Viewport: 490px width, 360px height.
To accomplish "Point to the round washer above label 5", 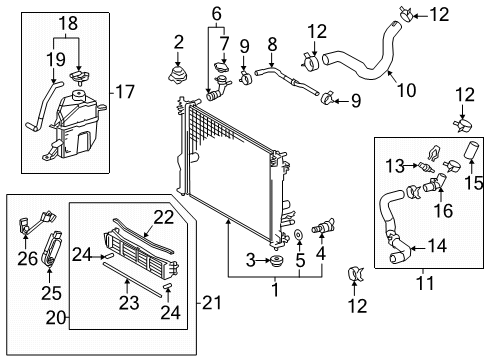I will (x=299, y=239).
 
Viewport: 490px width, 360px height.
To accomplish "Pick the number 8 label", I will (x=271, y=43).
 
